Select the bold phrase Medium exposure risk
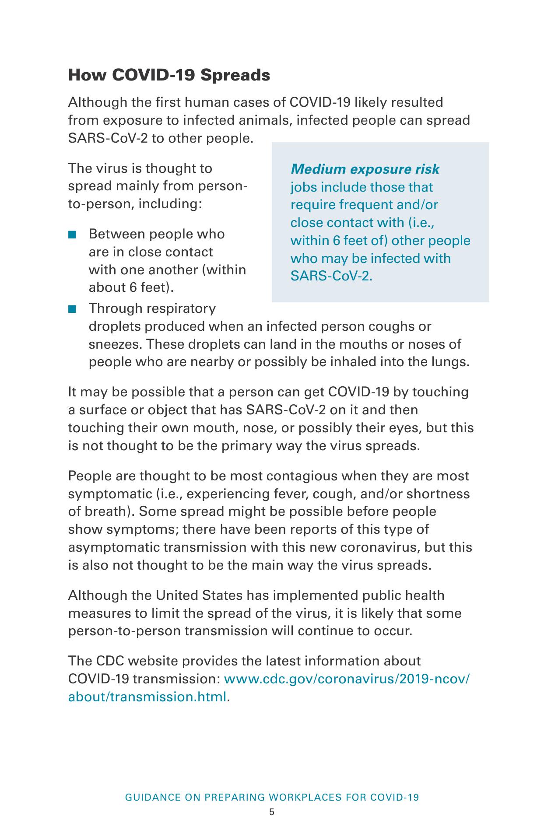pyautogui.click(x=365, y=169)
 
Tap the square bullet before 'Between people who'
pyautogui.click(x=72, y=234)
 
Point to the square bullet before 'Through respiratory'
pyautogui.click(x=72, y=309)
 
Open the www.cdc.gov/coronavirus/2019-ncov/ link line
pyautogui.click(x=347, y=679)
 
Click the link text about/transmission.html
pyautogui.click(x=147, y=696)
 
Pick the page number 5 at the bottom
pyautogui.click(x=272, y=812)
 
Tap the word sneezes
pyautogui.click(x=115, y=344)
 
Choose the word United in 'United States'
pyautogui.click(x=177, y=595)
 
